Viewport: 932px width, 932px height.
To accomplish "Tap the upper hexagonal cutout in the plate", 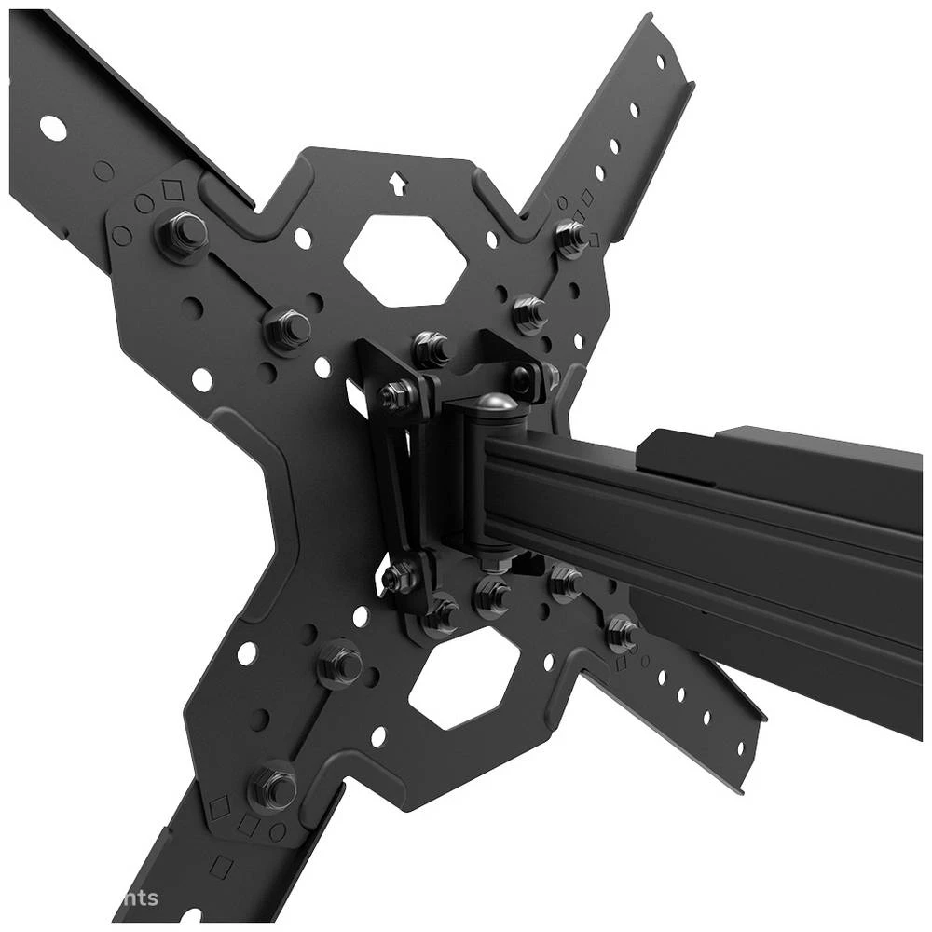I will point(404,260).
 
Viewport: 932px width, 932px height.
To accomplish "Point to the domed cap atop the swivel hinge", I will point(492,406).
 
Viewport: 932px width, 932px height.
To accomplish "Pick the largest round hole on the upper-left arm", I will point(53,129).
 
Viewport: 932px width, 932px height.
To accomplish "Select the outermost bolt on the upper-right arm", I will point(571,236).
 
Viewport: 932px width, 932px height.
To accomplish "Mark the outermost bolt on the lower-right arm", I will point(622,632).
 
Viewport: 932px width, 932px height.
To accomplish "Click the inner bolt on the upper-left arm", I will point(288,327).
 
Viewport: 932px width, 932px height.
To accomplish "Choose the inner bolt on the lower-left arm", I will point(341,664).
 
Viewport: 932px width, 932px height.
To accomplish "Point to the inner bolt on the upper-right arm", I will point(529,312).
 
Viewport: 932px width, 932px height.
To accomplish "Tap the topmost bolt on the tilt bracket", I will point(430,349).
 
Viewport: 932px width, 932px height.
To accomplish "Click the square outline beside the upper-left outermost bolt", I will point(171,190).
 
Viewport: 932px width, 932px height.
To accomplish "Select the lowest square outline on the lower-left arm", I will point(220,867).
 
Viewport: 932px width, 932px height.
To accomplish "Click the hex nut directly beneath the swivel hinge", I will point(491,593).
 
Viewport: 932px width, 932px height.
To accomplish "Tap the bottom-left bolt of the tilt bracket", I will point(401,578).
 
